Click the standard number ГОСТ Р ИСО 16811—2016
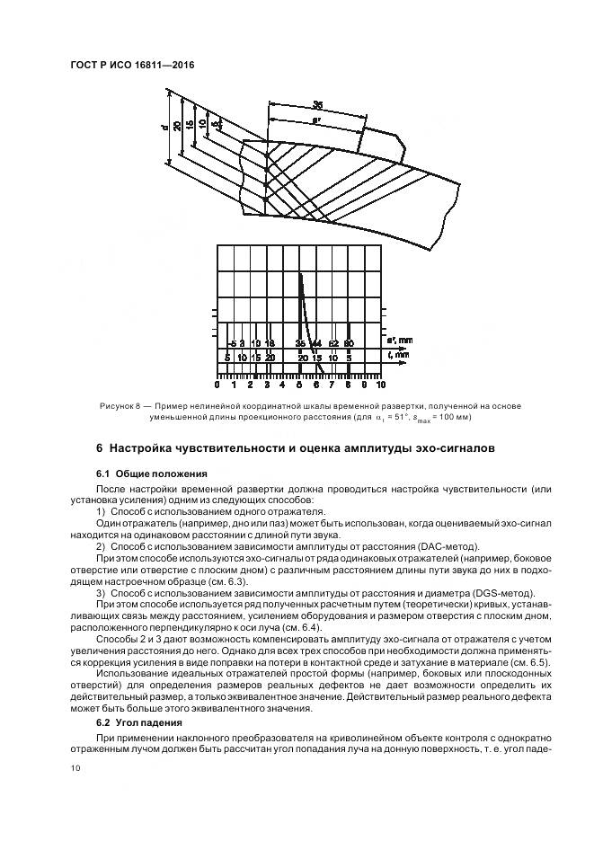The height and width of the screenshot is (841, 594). pyautogui.click(x=132, y=66)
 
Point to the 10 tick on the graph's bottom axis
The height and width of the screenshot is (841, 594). pyautogui.click(x=381, y=385)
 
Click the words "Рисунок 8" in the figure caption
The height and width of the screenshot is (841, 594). pyautogui.click(x=120, y=407)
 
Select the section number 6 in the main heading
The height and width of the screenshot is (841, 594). pyautogui.click(x=100, y=447)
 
